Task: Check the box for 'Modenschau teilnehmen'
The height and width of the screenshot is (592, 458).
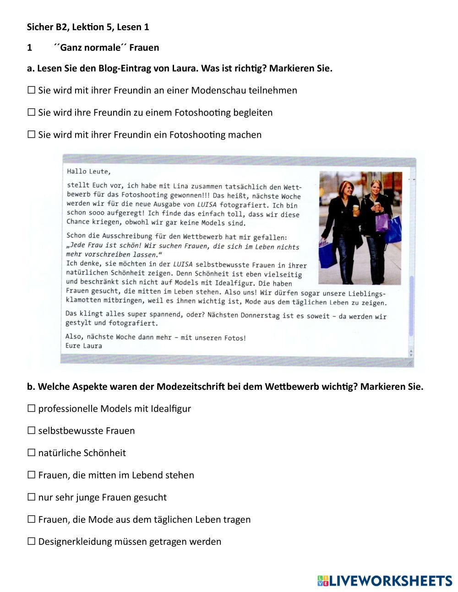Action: tap(31, 90)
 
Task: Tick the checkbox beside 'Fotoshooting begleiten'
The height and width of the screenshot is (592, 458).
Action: tap(31, 113)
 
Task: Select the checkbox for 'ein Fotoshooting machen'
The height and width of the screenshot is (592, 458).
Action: tap(31, 135)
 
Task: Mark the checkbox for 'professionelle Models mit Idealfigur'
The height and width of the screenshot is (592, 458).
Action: tap(31, 409)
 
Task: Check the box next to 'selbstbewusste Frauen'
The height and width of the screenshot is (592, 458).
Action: tap(31, 431)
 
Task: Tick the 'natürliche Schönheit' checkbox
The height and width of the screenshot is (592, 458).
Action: tap(31, 453)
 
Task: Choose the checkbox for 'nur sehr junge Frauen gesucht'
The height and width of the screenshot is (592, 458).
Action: tap(31, 497)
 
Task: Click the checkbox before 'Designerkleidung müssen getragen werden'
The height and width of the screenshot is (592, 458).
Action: tap(31, 542)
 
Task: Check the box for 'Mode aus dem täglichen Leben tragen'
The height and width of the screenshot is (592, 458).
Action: tap(31, 519)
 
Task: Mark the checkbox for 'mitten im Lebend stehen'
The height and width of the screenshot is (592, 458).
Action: tap(31, 475)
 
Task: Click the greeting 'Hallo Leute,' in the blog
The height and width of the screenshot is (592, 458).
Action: tap(88, 172)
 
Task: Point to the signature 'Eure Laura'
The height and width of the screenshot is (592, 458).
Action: tap(83, 346)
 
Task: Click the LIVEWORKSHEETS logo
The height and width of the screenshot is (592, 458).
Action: tap(385, 581)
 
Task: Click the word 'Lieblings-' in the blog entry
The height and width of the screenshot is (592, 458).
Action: tap(367, 293)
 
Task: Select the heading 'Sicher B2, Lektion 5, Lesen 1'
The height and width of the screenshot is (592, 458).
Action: tap(88, 27)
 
